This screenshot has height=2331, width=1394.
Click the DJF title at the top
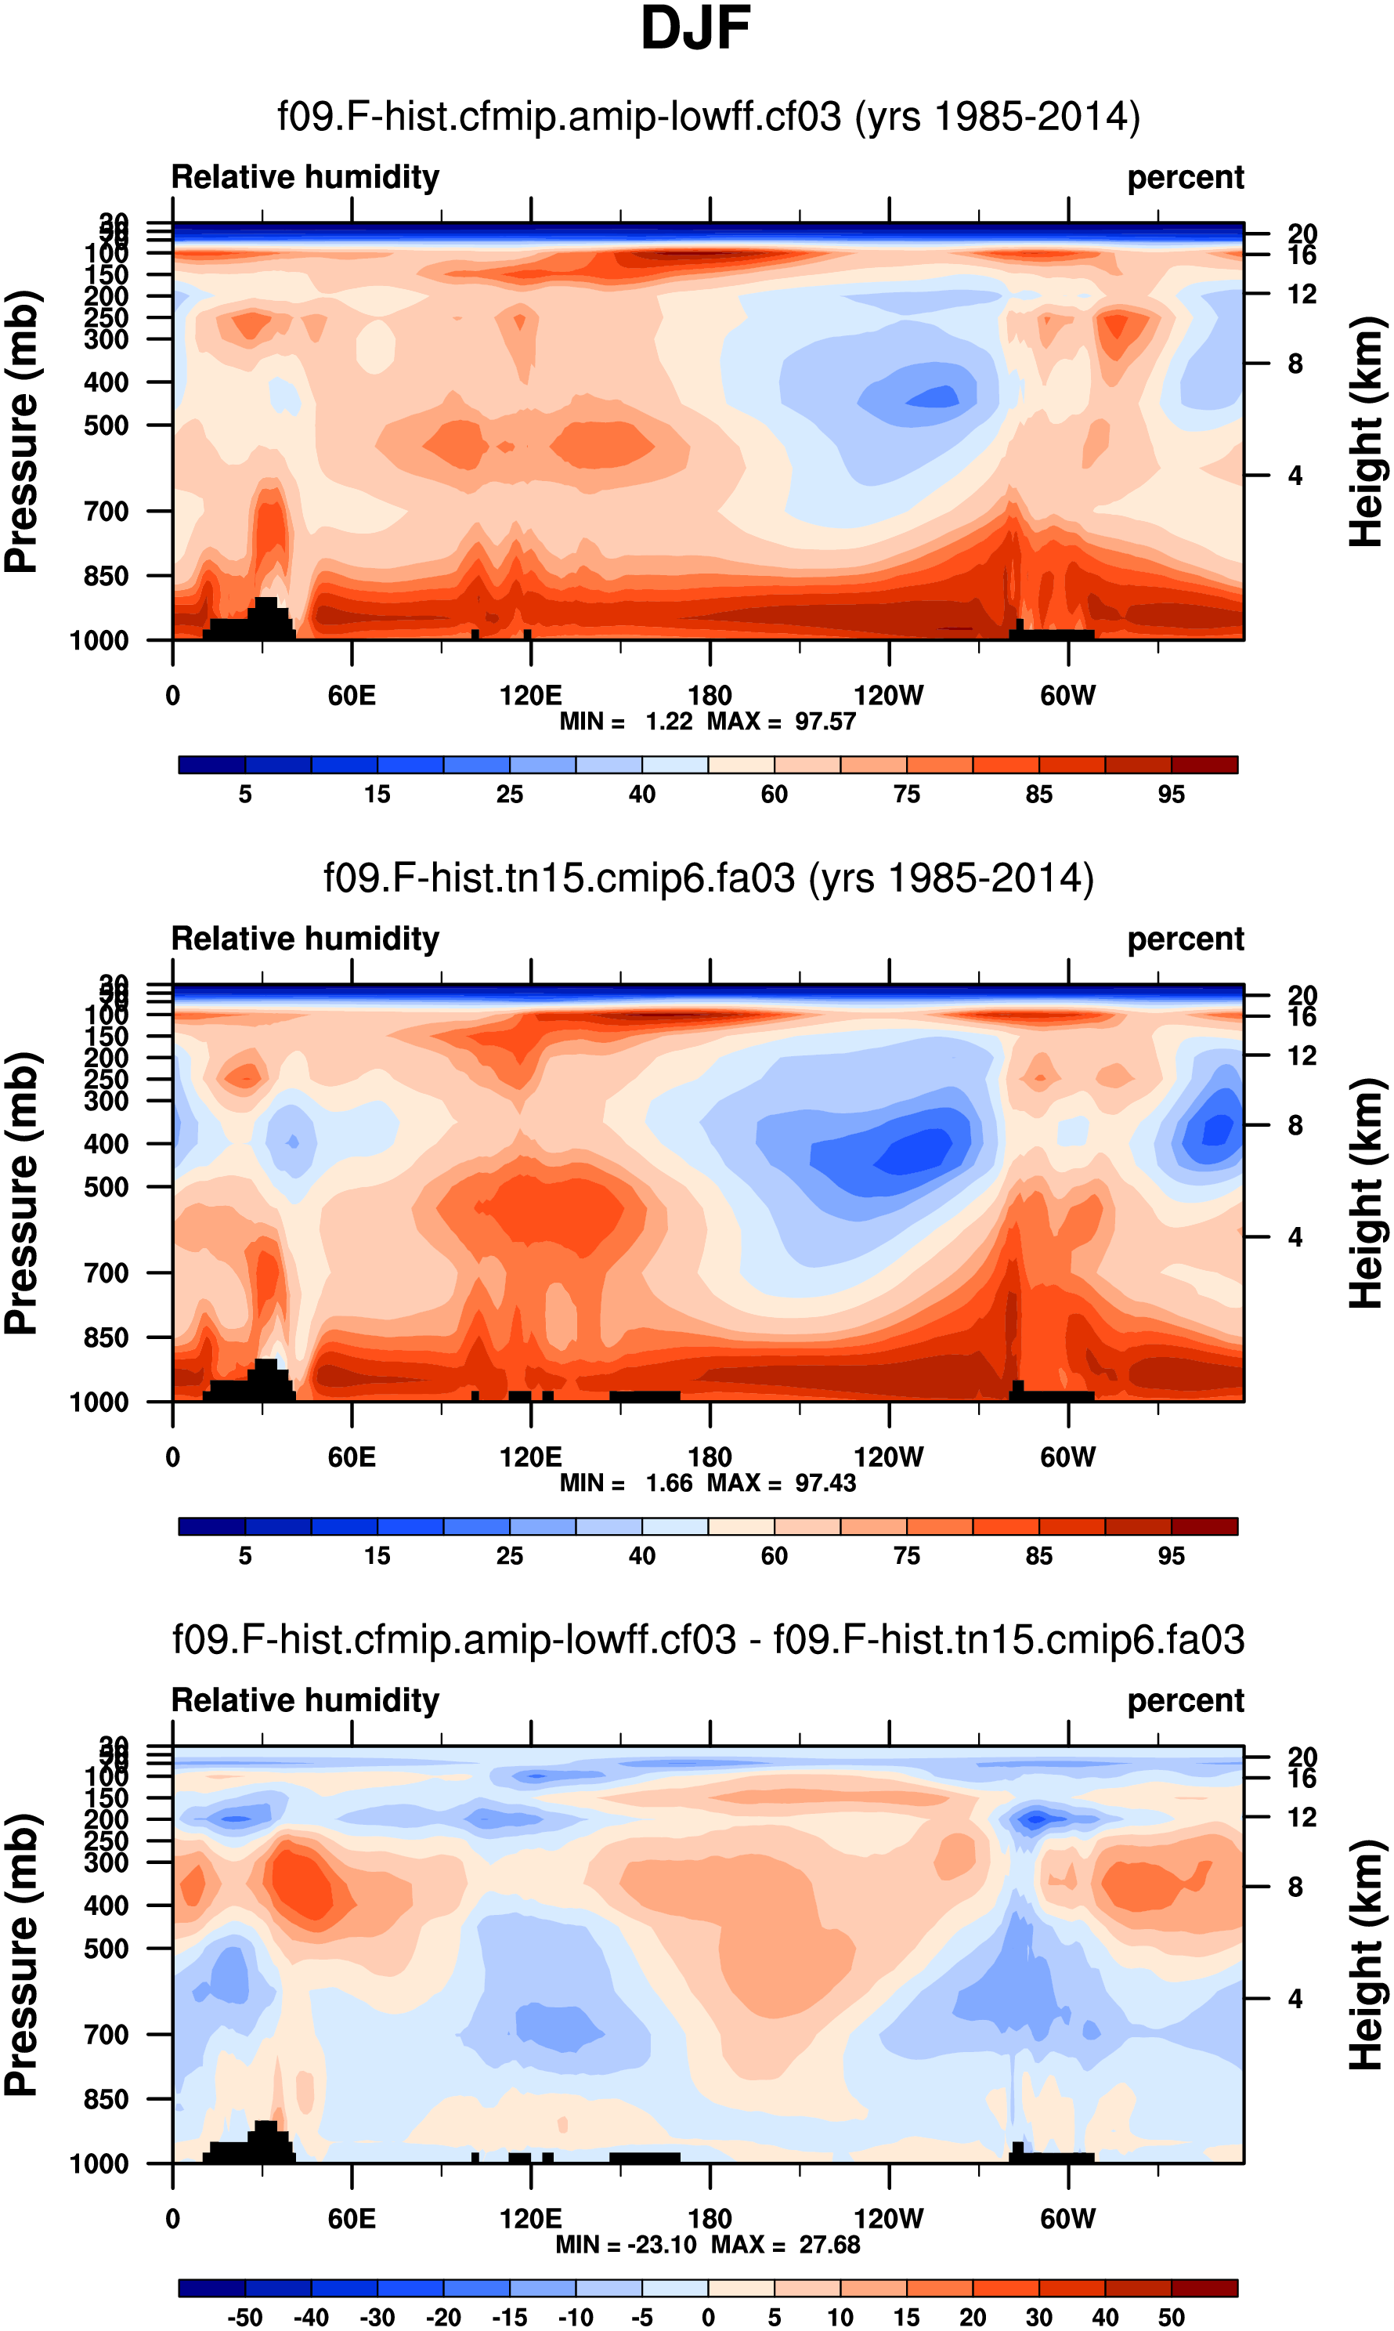click(695, 28)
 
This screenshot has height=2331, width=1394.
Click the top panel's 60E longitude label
click(352, 697)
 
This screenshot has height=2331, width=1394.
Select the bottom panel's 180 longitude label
click(710, 2218)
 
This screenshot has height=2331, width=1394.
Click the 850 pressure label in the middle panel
click(107, 1337)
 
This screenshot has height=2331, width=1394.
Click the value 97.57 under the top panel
click(825, 722)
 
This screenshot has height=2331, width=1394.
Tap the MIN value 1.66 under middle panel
click(668, 1482)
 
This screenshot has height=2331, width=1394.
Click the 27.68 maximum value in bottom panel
click(829, 2245)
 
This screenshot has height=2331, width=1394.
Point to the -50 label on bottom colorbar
click(244, 2317)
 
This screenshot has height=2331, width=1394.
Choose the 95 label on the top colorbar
click(1171, 794)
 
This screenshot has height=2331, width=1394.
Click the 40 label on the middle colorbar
click(641, 1556)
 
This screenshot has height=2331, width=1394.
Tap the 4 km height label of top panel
click(1295, 476)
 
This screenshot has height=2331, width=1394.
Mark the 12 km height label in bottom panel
click(1301, 1817)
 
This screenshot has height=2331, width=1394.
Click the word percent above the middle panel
click(1185, 939)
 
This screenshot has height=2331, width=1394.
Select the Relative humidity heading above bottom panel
click(305, 1699)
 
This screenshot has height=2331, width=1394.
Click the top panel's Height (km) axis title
click(1367, 433)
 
